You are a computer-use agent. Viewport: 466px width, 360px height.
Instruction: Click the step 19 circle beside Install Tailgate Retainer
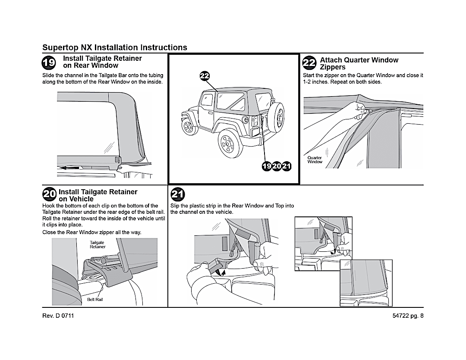tap(49, 63)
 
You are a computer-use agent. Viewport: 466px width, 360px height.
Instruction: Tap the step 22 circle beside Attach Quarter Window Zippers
tap(310, 63)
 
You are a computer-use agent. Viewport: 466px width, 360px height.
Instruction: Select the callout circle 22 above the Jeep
tap(205, 76)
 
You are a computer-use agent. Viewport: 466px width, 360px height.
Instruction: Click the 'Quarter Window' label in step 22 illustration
tap(315, 160)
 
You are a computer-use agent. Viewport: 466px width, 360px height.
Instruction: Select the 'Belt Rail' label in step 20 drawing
tap(95, 300)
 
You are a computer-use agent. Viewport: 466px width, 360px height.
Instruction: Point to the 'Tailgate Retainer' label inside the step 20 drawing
tap(98, 244)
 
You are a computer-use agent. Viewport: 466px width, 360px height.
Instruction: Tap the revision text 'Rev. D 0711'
tap(58, 316)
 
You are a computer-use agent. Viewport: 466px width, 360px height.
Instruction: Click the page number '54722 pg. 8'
tap(408, 316)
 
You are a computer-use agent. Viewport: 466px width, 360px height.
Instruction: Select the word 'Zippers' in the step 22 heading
tap(333, 67)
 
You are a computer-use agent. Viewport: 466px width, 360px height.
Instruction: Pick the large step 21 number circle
tap(177, 195)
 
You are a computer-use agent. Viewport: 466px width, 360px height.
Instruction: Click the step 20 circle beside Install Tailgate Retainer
tap(49, 194)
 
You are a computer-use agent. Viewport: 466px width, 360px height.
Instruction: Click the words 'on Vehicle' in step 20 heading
tap(76, 199)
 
